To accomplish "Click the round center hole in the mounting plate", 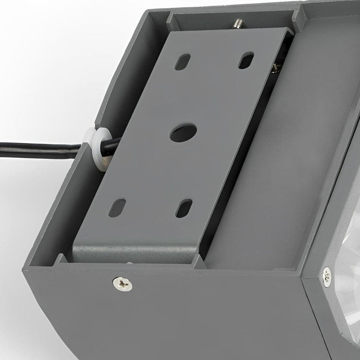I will [x=184, y=132].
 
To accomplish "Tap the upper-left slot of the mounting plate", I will [x=182, y=62].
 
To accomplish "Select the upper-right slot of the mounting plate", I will [x=246, y=60].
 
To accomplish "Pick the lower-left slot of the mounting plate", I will [x=117, y=208].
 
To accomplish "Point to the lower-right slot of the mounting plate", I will [x=184, y=208].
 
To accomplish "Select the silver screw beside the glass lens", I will [x=327, y=276].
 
